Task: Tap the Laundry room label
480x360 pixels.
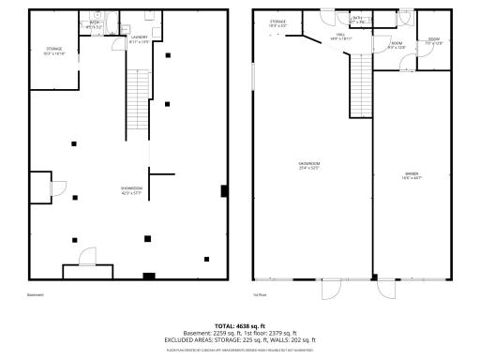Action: (140, 40)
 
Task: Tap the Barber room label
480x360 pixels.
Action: (412, 175)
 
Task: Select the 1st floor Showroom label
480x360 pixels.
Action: (310, 166)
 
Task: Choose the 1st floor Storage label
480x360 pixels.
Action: (277, 22)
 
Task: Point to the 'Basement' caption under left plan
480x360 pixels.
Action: (36, 293)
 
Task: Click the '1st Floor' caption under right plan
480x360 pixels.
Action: (260, 293)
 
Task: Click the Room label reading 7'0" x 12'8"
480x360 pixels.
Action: (433, 41)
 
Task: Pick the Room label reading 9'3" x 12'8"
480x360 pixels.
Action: (397, 45)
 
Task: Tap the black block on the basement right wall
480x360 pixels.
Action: (223, 191)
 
